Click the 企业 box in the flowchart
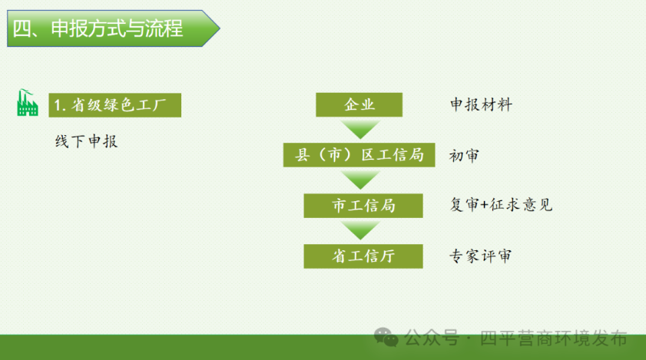359,104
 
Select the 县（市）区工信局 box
359,155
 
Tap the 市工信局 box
363,206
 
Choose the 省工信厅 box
363,256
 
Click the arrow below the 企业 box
360,129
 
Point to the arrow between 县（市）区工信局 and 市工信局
360,180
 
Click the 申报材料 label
481,104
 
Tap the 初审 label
464,156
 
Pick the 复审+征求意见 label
501,205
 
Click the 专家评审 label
480,256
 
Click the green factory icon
28,103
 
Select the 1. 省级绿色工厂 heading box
115,105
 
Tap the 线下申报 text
87,141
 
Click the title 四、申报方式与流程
98,28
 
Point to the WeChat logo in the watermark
386,337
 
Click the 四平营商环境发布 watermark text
553,339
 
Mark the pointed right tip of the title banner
220,28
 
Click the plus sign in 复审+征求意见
484,205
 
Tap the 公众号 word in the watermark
432,339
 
